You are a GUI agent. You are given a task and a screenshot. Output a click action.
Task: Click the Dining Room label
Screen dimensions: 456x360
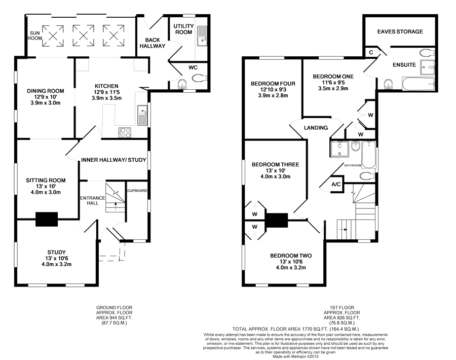point(46,91)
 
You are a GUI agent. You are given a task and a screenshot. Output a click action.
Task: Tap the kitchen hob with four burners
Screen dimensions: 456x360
point(125,132)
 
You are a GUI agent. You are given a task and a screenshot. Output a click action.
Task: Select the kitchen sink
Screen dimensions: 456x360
point(142,115)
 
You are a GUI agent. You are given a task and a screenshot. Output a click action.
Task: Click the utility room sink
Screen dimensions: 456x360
point(202,36)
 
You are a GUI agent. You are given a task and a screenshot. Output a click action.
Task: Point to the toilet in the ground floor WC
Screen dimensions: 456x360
point(199,78)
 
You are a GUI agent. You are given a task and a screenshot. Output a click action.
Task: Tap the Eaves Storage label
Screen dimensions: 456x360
point(400,31)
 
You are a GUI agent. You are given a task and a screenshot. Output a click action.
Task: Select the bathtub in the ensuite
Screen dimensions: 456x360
point(419,84)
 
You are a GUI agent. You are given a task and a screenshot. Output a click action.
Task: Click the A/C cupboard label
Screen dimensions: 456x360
point(336,185)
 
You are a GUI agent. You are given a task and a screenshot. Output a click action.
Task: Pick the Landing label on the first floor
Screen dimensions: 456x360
point(316,128)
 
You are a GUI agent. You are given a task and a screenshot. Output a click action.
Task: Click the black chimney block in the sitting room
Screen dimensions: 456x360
point(47,219)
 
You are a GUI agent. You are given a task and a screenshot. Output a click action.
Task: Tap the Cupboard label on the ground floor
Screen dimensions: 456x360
point(137,191)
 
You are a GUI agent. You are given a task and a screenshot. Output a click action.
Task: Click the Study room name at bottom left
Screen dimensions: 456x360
point(56,253)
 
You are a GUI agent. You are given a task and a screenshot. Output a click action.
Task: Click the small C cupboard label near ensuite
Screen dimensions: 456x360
point(371,53)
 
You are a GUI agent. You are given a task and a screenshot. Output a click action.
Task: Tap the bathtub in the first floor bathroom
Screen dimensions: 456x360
point(369,155)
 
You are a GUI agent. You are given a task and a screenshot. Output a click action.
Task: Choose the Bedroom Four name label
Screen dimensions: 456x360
point(273,84)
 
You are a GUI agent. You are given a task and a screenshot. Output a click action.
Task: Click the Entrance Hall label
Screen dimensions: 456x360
point(93,200)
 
